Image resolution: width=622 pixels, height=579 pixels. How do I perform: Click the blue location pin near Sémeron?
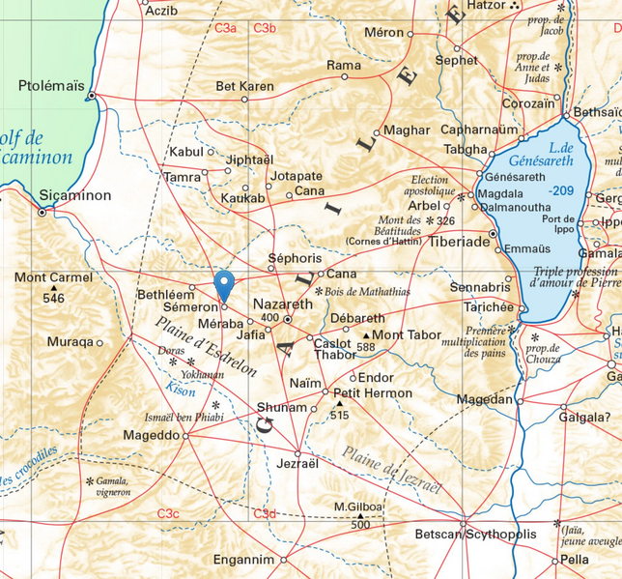click(224, 286)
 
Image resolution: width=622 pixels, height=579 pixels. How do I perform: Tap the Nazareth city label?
click(282, 304)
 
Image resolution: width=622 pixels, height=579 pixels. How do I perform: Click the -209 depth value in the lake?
click(561, 190)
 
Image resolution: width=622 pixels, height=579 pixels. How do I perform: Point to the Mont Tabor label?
click(407, 335)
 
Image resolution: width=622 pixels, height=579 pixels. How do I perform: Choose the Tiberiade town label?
click(460, 242)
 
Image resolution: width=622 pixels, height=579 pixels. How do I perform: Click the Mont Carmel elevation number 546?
click(53, 298)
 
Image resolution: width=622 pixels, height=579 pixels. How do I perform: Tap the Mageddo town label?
click(151, 436)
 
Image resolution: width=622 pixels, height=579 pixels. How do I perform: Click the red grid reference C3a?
click(226, 28)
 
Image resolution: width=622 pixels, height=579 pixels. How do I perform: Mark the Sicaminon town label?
click(75, 195)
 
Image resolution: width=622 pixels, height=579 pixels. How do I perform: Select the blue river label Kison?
click(181, 392)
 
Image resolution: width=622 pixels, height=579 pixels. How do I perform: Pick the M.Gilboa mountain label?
click(358, 507)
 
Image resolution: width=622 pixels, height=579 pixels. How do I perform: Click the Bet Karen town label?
click(244, 86)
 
